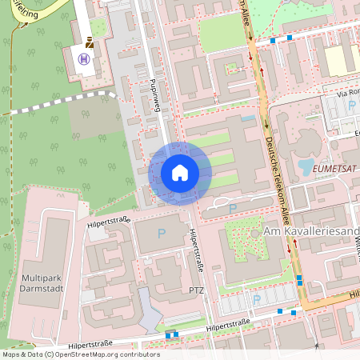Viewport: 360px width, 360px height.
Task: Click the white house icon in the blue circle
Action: point(179,173)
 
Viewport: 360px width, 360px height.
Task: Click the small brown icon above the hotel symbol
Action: point(90,45)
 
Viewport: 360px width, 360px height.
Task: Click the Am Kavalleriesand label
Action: point(310,231)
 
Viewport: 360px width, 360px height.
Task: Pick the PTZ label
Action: point(198,289)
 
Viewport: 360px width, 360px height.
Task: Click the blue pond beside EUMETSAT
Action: point(306,167)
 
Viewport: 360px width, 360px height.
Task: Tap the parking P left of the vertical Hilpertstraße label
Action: point(161,234)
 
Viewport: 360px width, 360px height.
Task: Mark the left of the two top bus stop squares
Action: point(273,39)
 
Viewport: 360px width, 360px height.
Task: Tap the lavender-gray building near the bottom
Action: point(151,313)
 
